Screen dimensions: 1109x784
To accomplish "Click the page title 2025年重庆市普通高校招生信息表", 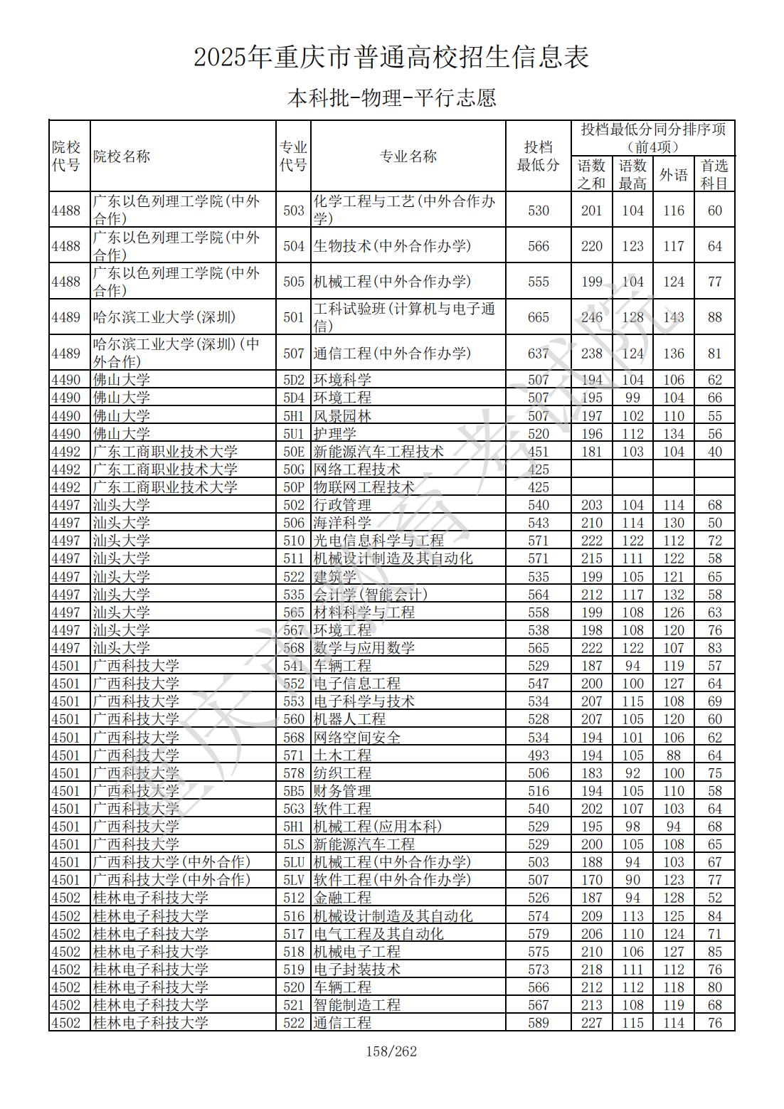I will point(391,58).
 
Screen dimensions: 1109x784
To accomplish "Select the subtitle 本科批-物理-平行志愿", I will point(391,97).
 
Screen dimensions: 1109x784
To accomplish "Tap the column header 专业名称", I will point(408,156).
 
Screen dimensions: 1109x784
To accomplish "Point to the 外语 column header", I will point(673,174).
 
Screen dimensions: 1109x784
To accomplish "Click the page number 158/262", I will point(391,1051).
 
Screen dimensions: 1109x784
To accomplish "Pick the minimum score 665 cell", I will point(539,317).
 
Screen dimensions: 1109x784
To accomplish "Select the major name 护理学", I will point(335,434).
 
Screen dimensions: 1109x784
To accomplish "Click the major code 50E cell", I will point(293,452).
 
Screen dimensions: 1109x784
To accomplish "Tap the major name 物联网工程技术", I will point(364,487).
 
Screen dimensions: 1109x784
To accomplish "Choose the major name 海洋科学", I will point(342,523).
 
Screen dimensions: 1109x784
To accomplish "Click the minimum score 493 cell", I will point(539,755).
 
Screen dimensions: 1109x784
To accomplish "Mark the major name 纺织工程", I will point(342,773).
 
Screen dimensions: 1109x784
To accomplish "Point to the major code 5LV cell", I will point(293,880).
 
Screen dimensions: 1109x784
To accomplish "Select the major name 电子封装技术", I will point(356,970).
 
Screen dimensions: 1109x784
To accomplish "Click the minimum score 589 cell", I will point(539,1023).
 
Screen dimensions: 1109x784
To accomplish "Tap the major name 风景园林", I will point(342,416).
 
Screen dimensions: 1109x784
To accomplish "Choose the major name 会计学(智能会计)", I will point(371,595).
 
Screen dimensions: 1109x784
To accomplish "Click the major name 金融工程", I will point(342,898).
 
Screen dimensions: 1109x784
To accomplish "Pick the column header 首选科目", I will point(714,174).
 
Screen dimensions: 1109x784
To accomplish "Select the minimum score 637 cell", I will point(539,354).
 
